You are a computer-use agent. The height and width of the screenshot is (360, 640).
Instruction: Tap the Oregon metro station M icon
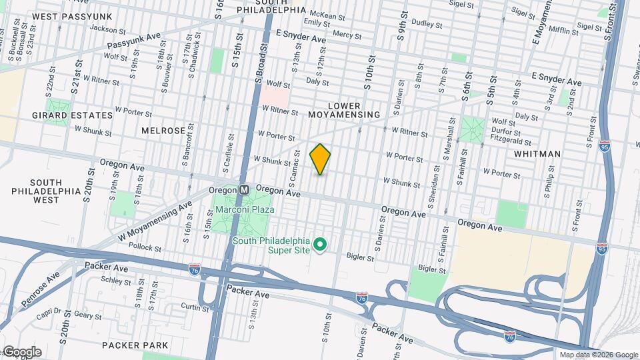tap(244, 189)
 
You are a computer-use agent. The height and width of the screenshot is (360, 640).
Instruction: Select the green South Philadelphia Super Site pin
tap(319, 245)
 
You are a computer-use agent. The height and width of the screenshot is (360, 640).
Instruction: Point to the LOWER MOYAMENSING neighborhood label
tap(344, 110)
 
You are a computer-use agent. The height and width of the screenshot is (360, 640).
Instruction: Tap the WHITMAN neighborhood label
tap(537, 154)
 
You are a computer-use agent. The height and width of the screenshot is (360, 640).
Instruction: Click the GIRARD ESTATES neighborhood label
tap(72, 115)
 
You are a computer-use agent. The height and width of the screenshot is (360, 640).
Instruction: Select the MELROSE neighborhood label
tap(163, 131)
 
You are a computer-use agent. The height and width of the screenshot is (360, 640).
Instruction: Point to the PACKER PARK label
tap(135, 345)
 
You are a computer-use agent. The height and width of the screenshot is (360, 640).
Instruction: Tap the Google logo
tap(21, 351)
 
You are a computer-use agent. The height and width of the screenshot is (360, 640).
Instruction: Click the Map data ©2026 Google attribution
tap(599, 355)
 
